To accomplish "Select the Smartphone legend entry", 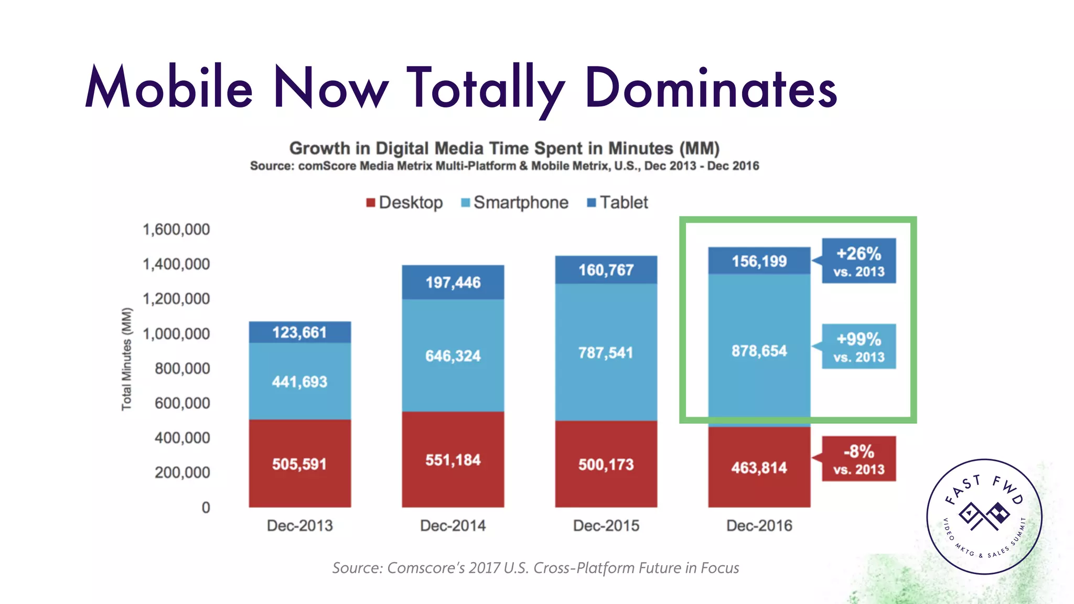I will point(515,202).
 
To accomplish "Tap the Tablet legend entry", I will point(618,202).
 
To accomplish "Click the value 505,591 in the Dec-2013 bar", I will point(299,464).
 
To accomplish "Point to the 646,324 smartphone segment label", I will point(453,356).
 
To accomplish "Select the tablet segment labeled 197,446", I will point(453,283).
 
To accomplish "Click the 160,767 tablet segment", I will point(606,270).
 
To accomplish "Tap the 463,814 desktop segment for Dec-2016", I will point(759,467).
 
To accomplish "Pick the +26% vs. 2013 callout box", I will point(858,261).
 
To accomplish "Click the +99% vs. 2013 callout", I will point(858,347).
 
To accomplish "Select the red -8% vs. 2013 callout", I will point(858,459).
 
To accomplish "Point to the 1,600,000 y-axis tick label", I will point(176,230).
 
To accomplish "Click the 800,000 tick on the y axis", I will point(182,369).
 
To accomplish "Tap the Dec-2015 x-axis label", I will point(606,525).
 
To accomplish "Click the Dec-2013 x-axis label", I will point(299,525).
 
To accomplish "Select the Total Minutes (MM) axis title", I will point(127,359).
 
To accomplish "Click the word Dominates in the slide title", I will point(711,88).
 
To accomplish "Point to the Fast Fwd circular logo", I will point(984,516).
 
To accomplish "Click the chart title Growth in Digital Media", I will point(504,148).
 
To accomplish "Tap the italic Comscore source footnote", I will point(535,568).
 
